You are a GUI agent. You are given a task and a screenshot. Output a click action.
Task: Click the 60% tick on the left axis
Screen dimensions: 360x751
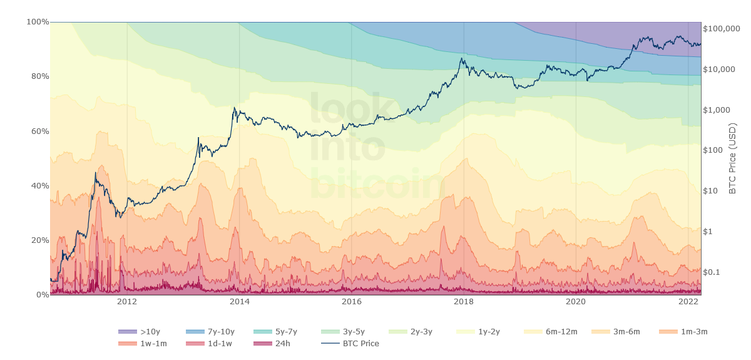[38, 131]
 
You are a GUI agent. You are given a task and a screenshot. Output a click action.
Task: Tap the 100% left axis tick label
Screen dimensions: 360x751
[37, 22]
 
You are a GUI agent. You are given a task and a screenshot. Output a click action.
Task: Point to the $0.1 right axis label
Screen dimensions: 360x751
[713, 272]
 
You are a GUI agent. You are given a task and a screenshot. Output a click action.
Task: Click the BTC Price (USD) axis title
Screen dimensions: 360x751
[733, 158]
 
